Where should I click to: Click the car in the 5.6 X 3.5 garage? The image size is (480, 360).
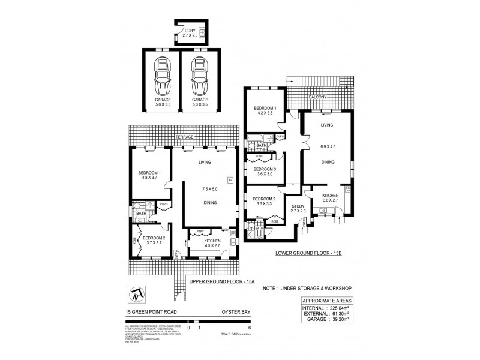click(199, 75)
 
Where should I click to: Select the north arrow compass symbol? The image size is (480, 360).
click(137, 295)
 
